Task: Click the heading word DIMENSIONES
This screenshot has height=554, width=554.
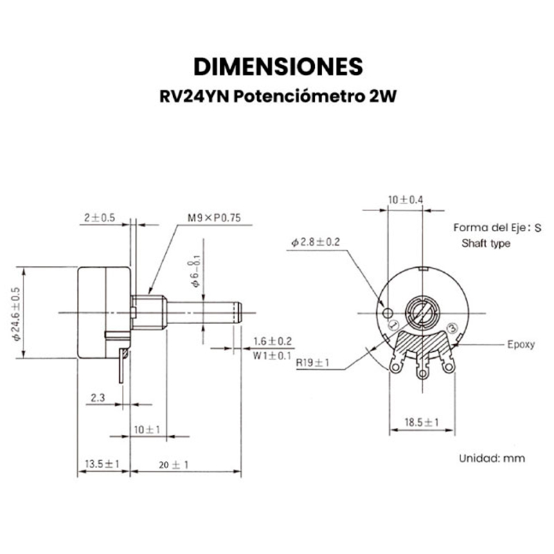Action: pyautogui.click(x=277, y=66)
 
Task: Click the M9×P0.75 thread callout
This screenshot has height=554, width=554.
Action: pyautogui.click(x=213, y=217)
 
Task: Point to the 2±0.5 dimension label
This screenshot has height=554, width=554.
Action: pyautogui.click(x=99, y=217)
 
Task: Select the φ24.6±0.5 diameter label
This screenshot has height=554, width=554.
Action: pyautogui.click(x=16, y=313)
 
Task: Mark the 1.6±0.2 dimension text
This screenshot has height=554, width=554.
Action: pyautogui.click(x=273, y=341)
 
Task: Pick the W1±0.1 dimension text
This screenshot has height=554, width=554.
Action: pyautogui.click(x=272, y=355)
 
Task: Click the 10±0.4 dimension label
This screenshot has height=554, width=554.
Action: pyautogui.click(x=406, y=200)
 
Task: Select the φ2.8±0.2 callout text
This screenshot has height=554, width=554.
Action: pyautogui.click(x=316, y=242)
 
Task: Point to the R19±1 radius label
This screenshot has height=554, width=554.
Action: pyautogui.click(x=312, y=362)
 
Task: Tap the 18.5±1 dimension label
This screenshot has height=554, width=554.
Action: pyautogui.click(x=422, y=422)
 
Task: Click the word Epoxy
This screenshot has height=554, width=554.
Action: pyautogui.click(x=521, y=344)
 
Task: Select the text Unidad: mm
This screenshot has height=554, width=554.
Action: pyautogui.click(x=492, y=458)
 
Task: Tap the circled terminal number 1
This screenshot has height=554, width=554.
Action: pyautogui.click(x=393, y=325)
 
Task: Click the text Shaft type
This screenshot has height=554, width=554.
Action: pyautogui.click(x=485, y=244)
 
